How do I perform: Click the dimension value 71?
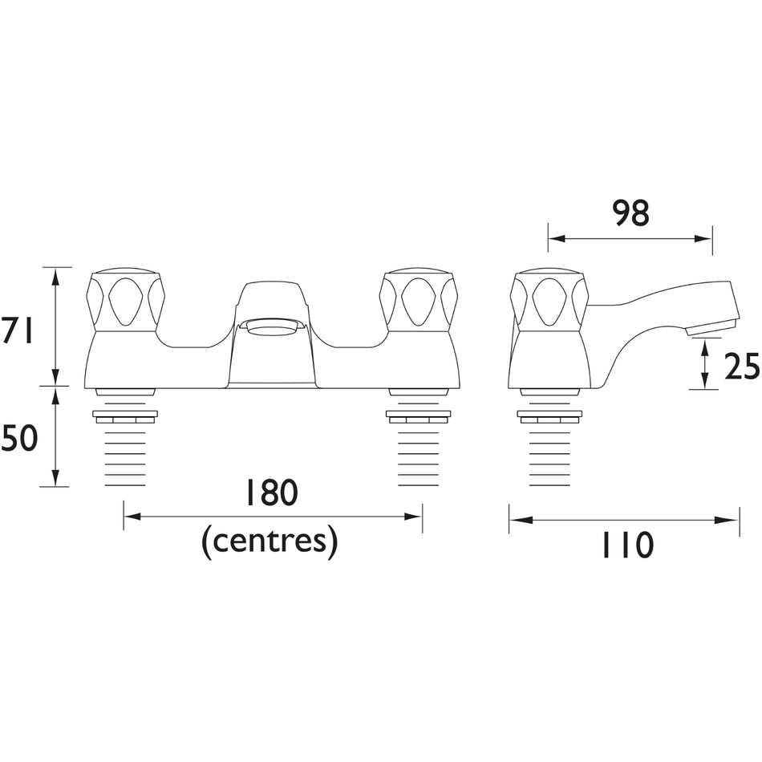18,329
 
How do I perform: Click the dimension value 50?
19,437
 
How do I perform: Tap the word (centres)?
270,541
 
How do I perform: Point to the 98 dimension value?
630,213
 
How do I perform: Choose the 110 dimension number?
627,545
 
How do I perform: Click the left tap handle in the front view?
125,302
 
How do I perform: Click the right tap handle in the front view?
418,302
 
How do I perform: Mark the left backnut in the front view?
125,416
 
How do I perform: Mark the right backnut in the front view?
419,416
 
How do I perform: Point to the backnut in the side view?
549,416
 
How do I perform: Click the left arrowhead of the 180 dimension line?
132,516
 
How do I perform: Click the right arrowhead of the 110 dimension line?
730,520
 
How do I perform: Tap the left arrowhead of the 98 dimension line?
557,238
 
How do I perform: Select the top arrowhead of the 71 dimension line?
56,277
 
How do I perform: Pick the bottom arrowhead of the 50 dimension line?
56,477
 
